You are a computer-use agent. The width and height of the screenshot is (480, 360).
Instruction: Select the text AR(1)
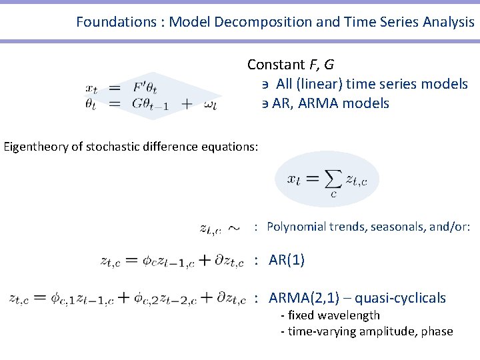tap(287, 260)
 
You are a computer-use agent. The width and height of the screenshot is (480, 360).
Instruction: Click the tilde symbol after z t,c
tap(234, 229)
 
